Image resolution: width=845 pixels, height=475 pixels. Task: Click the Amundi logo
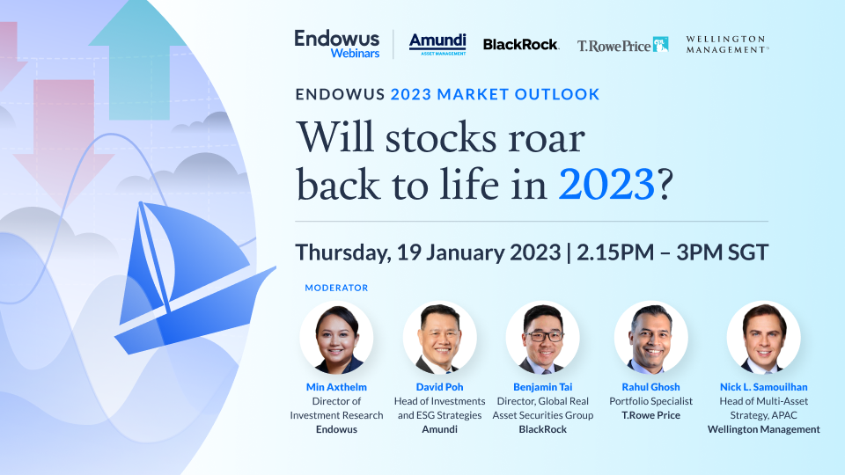pos(437,44)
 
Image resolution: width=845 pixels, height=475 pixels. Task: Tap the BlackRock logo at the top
pos(520,45)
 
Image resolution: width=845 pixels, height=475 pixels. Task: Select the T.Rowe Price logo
pos(622,45)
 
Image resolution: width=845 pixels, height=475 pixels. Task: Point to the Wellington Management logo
pos(727,44)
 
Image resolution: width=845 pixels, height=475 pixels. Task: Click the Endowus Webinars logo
pos(337,44)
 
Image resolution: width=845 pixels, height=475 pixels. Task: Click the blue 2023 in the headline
pos(606,185)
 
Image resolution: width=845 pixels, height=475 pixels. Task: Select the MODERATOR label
pos(336,289)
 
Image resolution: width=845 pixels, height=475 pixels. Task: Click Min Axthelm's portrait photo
pos(336,338)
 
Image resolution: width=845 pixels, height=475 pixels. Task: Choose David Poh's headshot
pos(440,338)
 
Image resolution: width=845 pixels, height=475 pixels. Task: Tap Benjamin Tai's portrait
pos(543,338)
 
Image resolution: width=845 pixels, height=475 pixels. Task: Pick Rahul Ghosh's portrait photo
pos(651,338)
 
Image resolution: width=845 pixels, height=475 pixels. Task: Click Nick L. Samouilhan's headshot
pos(764,338)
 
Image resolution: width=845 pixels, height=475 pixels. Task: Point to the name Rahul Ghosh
pos(651,387)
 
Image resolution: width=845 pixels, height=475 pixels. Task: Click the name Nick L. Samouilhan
pos(764,387)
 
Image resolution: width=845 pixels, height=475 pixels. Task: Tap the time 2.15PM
pos(615,252)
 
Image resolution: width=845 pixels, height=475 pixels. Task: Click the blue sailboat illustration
pos(188,280)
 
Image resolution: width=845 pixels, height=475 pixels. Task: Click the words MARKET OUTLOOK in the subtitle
pos(518,94)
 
